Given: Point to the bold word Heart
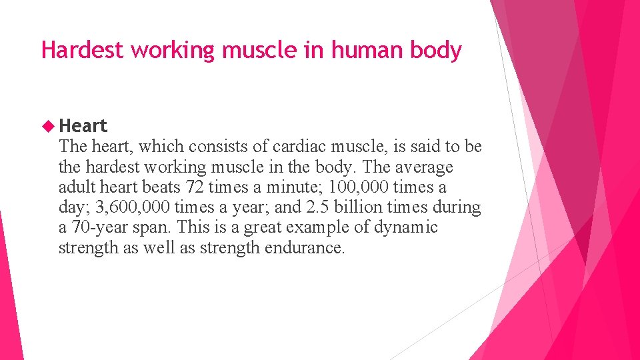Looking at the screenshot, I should [83, 125].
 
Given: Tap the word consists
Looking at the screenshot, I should [215, 147].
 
